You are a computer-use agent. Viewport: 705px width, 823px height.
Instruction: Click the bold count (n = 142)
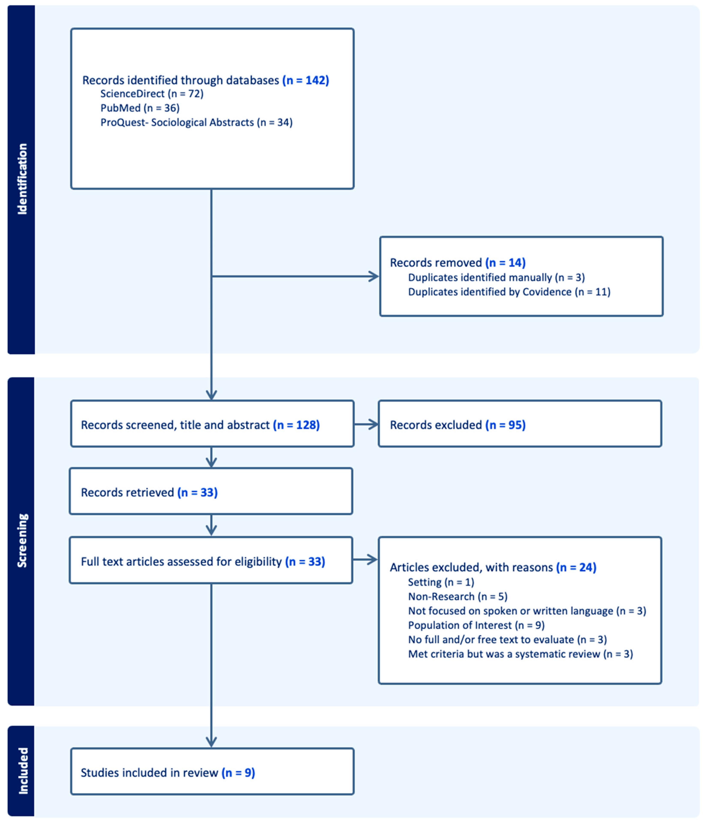305,80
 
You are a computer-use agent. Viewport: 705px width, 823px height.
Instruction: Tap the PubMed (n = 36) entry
140,108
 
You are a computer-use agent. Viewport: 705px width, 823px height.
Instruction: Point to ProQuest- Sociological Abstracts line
196,122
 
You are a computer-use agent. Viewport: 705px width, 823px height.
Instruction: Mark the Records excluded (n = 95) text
457,425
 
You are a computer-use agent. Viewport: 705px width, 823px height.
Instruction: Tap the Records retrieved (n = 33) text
149,493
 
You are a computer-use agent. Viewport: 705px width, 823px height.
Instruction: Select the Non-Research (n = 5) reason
458,597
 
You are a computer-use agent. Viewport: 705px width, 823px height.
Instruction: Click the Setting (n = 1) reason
441,582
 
